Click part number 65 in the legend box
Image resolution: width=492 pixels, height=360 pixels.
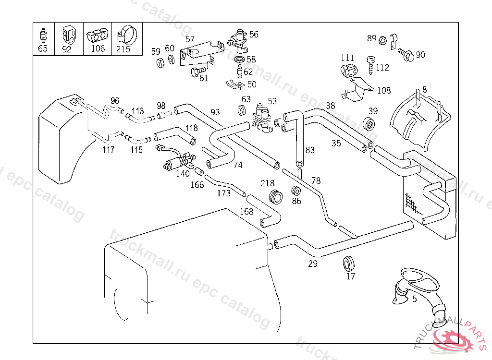pyautogui.click(x=43, y=48)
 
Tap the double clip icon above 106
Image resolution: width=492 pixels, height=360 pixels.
pyautogui.click(x=98, y=35)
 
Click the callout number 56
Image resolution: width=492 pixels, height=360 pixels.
pyautogui.click(x=254, y=34)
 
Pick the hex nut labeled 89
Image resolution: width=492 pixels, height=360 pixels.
pyautogui.click(x=383, y=40)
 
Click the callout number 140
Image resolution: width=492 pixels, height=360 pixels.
pyautogui.click(x=183, y=174)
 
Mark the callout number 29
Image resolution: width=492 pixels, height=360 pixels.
pyautogui.click(x=313, y=264)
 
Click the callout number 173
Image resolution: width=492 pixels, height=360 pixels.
pyautogui.click(x=224, y=193)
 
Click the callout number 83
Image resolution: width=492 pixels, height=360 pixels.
pyautogui.click(x=310, y=150)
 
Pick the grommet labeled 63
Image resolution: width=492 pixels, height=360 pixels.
pyautogui.click(x=242, y=110)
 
